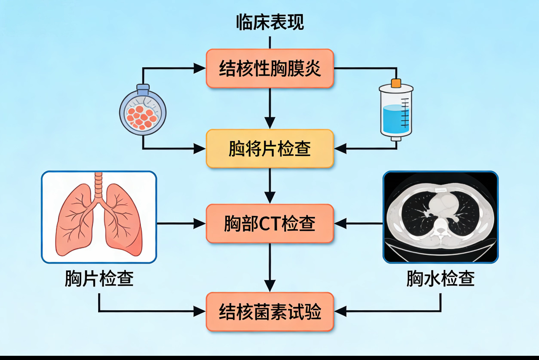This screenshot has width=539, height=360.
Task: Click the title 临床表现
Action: coord(269,22)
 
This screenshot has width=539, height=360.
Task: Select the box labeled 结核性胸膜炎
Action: coord(269,68)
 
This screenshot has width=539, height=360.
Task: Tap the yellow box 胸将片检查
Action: coord(269,149)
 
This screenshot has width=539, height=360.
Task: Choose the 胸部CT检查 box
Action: coord(269,224)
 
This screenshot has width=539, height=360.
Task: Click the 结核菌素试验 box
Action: coord(269,312)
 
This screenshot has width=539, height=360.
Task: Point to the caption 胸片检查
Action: coord(99,279)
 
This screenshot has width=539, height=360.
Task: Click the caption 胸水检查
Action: coord(440,279)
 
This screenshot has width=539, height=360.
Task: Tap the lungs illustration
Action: coord(99,217)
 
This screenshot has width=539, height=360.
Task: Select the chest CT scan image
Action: coord(440,217)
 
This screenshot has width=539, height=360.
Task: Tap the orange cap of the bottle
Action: coord(396,83)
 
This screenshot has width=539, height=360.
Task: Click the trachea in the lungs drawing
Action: coord(99,185)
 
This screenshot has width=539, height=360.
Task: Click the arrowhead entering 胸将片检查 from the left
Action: coord(200,149)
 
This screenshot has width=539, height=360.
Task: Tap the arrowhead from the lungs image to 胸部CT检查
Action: coord(200,224)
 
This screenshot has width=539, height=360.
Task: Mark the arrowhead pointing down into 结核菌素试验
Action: coord(269,286)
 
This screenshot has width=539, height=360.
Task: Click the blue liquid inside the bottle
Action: coord(396,118)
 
